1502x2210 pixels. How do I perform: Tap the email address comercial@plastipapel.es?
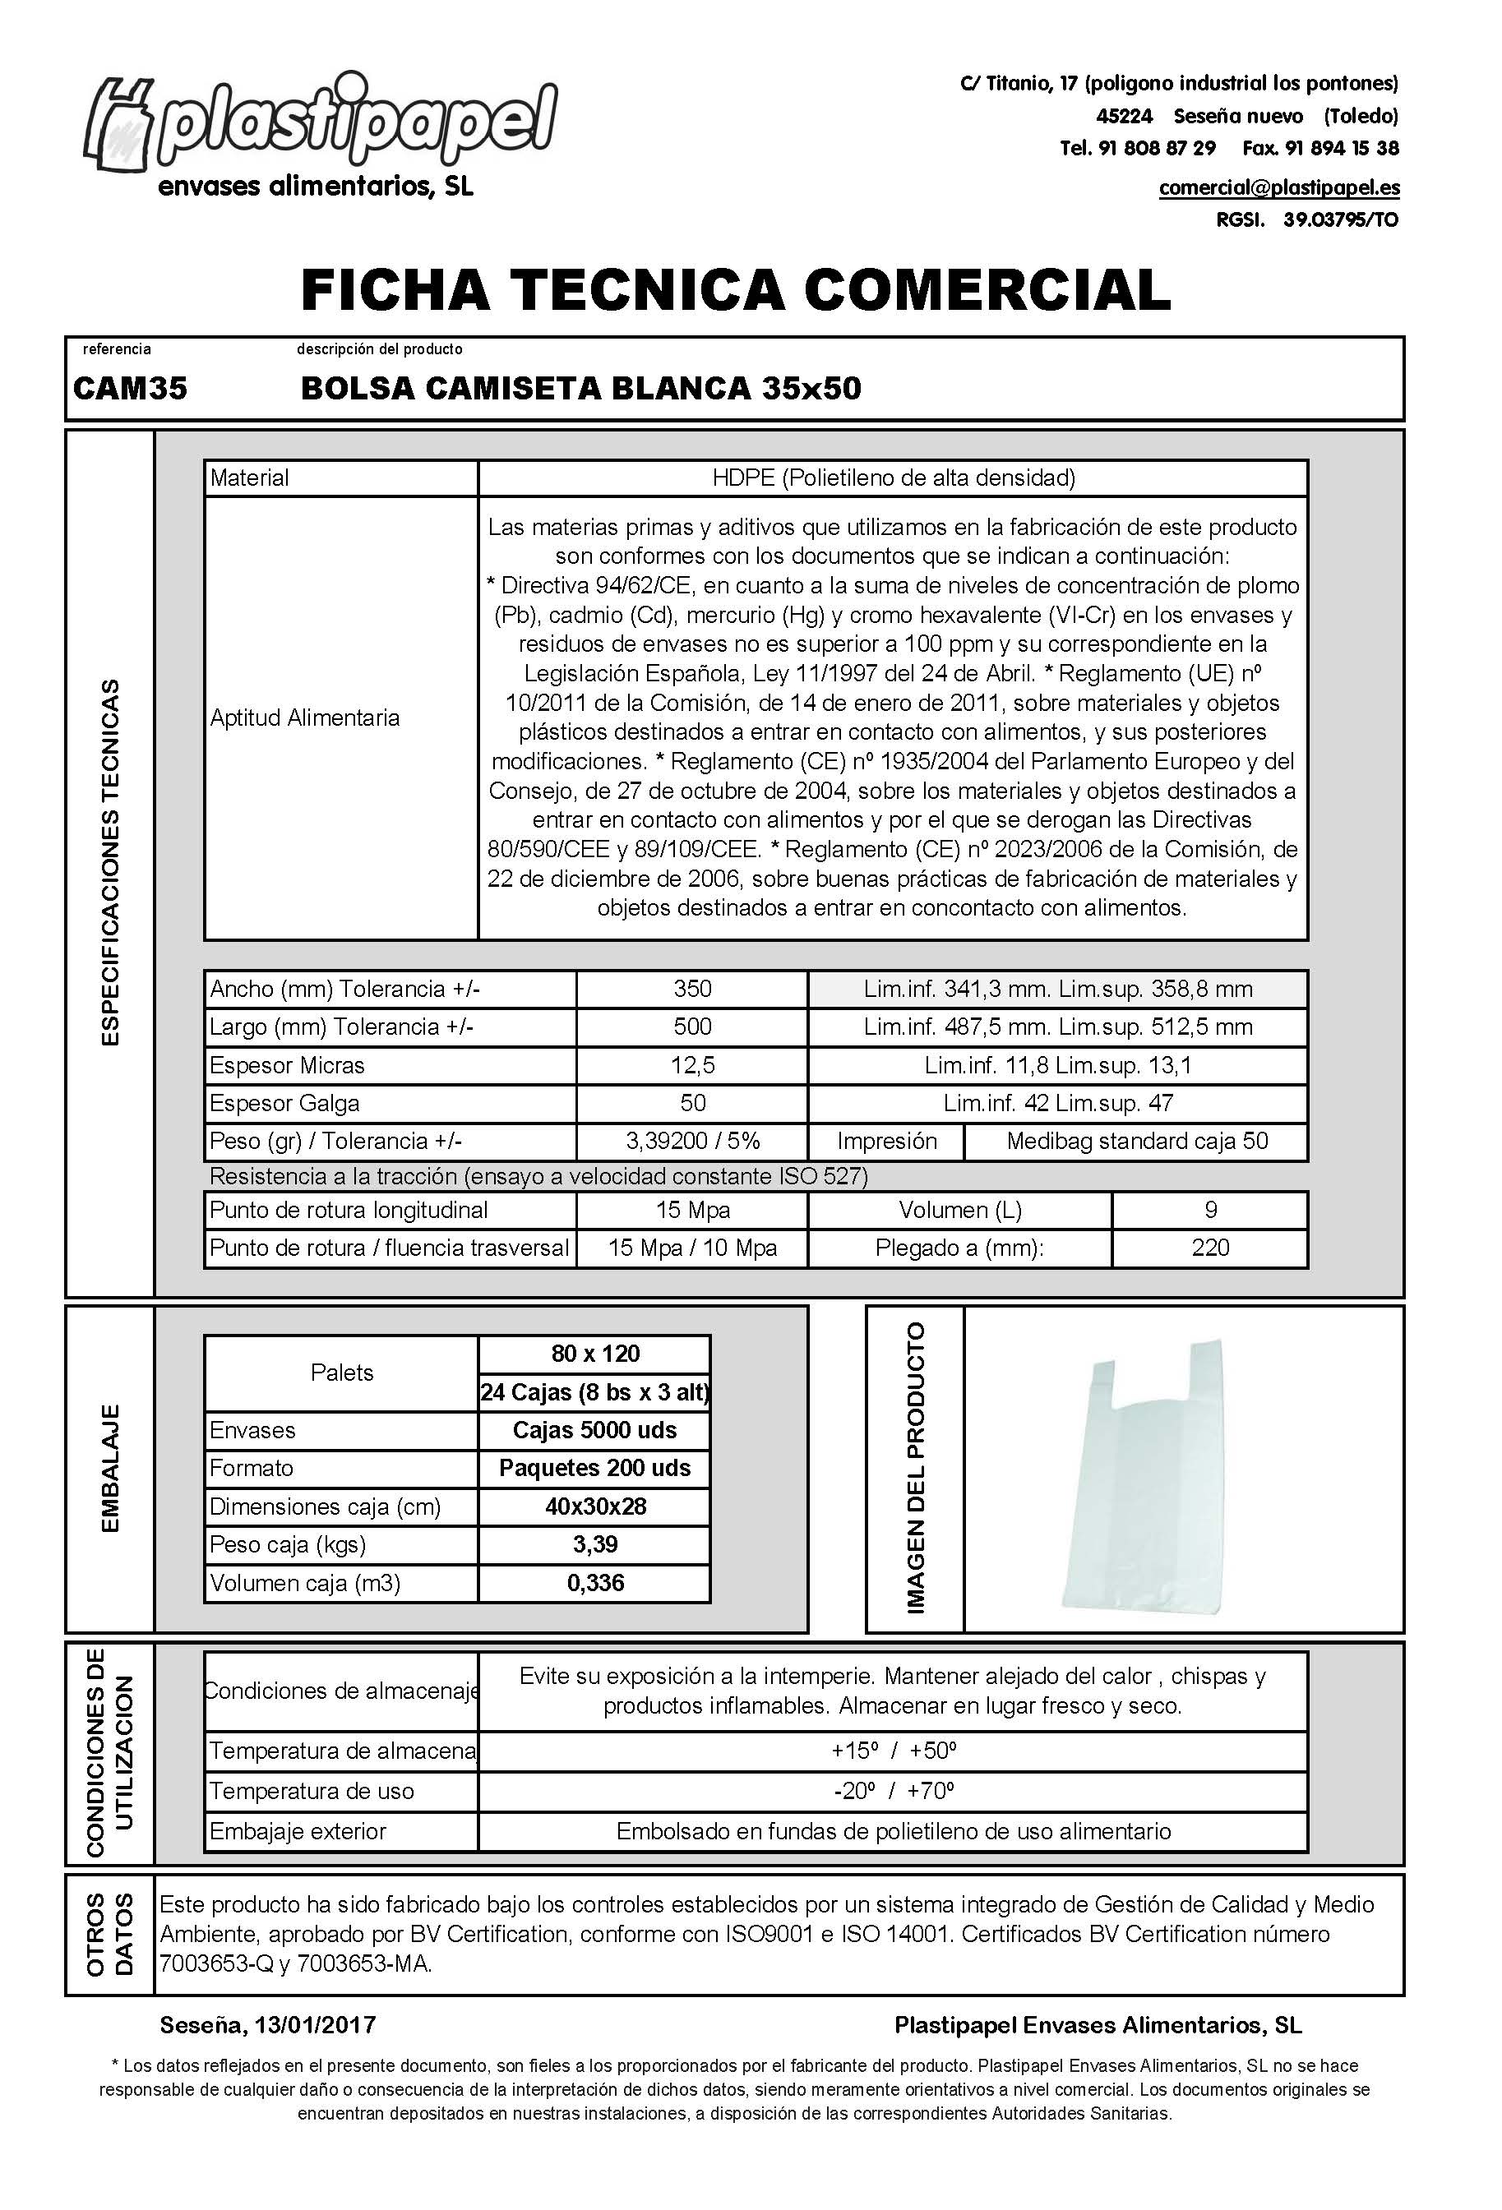[x=1278, y=187]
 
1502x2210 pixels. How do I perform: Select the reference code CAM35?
[x=131, y=388]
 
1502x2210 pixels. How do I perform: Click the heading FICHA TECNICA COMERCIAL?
[x=735, y=290]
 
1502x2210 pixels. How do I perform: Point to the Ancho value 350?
[x=691, y=989]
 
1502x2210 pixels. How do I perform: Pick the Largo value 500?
[x=691, y=1027]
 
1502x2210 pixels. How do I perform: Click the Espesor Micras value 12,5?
[x=691, y=1065]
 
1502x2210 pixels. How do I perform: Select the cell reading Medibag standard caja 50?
[x=1137, y=1141]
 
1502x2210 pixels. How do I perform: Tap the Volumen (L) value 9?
[x=1210, y=1210]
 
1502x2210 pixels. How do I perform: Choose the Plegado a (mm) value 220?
[x=1210, y=1248]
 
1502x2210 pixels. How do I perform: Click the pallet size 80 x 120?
[x=594, y=1353]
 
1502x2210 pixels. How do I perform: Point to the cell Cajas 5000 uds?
[x=594, y=1430]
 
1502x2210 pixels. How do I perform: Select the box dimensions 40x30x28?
[x=594, y=1506]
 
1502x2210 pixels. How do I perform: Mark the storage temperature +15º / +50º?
[x=892, y=1751]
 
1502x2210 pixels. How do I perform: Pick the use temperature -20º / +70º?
[x=892, y=1791]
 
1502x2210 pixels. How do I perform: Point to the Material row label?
[x=249, y=478]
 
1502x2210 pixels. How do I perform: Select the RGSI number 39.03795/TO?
[x=1340, y=219]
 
